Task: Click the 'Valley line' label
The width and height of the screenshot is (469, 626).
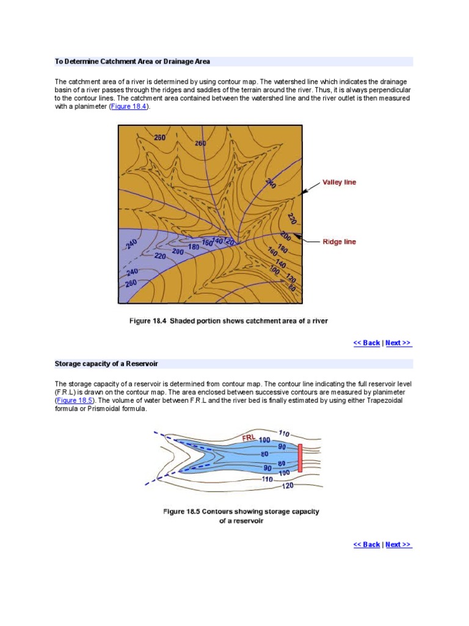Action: pyautogui.click(x=339, y=182)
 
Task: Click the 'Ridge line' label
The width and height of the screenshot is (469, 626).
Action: pyautogui.click(x=339, y=242)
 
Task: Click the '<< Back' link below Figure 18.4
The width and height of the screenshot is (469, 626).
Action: pyautogui.click(x=366, y=343)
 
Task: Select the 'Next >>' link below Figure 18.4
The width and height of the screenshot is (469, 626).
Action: pyautogui.click(x=399, y=343)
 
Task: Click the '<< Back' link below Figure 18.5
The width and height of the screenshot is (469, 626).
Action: pyautogui.click(x=366, y=545)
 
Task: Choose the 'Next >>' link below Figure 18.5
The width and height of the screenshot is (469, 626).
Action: pyautogui.click(x=399, y=545)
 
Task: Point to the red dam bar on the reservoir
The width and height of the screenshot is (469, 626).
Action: pyautogui.click(x=300, y=458)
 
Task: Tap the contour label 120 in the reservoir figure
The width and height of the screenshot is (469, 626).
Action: pyautogui.click(x=287, y=486)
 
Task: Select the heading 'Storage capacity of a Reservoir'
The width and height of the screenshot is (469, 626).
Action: pyautogui.click(x=106, y=364)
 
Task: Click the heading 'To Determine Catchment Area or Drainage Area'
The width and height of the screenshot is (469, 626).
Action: pyautogui.click(x=133, y=62)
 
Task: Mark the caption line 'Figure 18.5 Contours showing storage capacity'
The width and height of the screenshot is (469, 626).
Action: pyautogui.click(x=241, y=512)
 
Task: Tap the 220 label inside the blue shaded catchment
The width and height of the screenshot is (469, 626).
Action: pyautogui.click(x=159, y=257)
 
